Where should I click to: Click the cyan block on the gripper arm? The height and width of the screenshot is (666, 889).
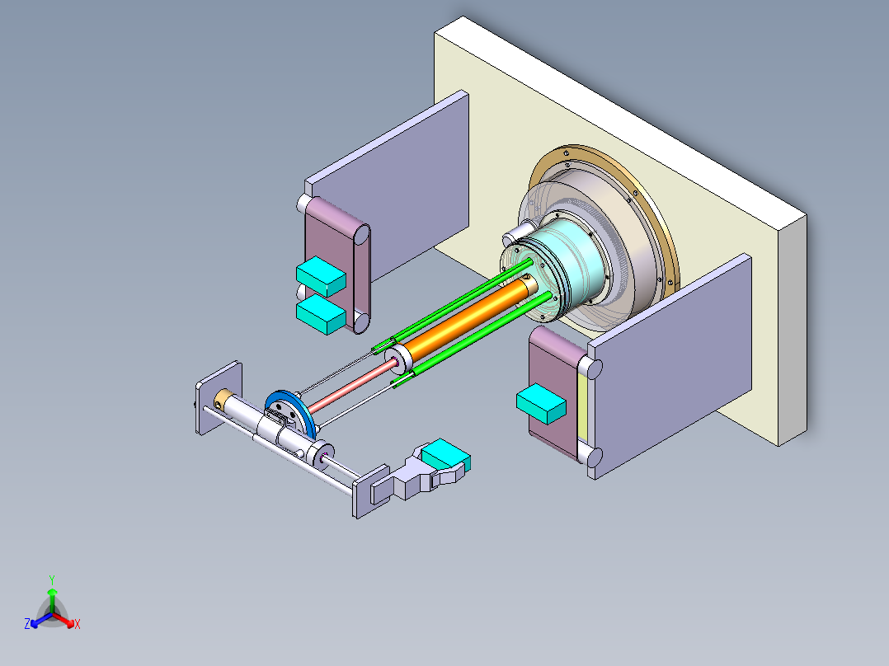pos(445,454)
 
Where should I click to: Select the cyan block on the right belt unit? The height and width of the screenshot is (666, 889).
pos(541,404)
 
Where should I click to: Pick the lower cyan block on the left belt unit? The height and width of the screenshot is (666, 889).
pos(320,314)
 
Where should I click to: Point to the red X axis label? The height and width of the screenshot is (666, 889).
pos(78,625)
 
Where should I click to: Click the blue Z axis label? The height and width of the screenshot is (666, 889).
pos(27,625)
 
